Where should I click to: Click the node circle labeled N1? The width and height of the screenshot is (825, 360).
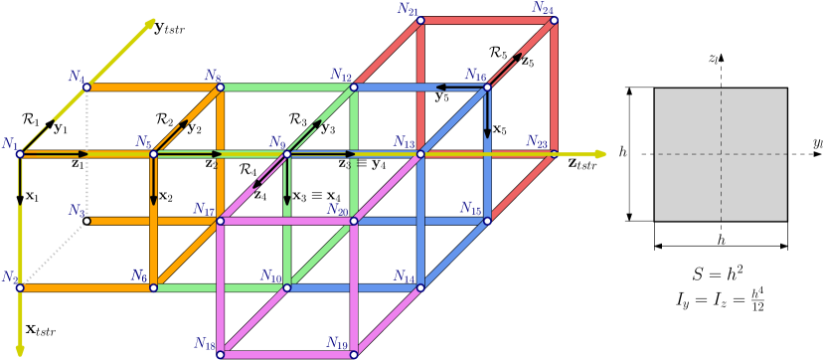click(20, 154)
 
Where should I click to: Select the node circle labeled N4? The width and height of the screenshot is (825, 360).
click(153, 154)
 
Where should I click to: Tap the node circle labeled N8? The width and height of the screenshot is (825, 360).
click(221, 88)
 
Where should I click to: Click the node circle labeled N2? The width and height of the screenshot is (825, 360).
click(86, 88)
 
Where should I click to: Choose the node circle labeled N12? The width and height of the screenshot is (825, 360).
click(354, 354)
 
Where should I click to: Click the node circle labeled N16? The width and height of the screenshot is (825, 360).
click(487, 88)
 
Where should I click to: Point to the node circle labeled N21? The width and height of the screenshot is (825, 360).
click(420, 20)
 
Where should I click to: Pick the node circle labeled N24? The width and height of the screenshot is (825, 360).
click(554, 20)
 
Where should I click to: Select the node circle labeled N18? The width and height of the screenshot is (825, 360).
click(221, 354)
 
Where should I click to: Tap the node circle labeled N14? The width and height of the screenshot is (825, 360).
click(420, 288)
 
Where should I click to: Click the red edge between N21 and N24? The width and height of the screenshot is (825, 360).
click(487, 20)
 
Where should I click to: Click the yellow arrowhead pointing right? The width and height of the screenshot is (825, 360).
click(599, 154)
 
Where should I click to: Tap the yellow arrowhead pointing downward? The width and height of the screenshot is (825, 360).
click(20, 350)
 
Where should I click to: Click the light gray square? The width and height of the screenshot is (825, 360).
click(721, 154)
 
